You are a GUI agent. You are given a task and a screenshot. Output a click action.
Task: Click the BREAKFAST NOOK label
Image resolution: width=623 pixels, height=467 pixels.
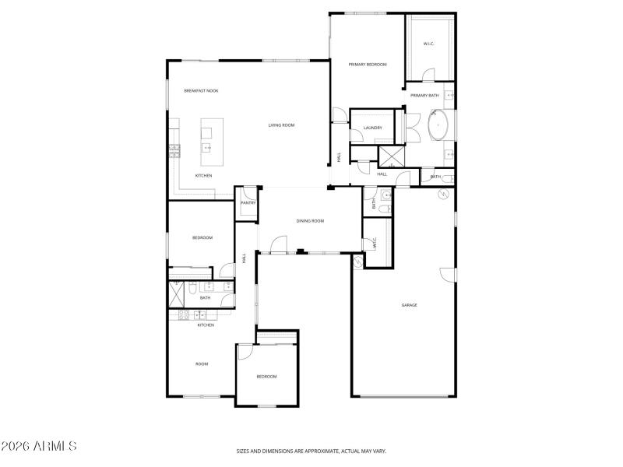click(201, 91)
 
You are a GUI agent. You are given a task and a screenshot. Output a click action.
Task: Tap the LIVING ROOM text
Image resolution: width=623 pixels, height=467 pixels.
click(281, 125)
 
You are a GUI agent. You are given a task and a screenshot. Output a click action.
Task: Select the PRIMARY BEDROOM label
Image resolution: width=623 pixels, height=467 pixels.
click(368, 65)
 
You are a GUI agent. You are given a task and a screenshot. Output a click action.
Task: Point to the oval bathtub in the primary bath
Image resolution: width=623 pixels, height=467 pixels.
click(439, 125)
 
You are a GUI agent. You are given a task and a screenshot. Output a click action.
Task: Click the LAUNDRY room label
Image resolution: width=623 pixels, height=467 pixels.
click(372, 128)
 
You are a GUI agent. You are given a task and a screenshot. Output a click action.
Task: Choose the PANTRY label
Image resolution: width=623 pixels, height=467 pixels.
click(248, 202)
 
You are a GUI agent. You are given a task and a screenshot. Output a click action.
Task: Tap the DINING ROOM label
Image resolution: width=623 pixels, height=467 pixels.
click(310, 221)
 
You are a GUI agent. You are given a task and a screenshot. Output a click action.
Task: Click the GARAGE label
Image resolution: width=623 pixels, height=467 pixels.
click(409, 305)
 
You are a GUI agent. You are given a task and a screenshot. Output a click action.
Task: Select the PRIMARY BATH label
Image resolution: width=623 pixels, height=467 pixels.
click(424, 95)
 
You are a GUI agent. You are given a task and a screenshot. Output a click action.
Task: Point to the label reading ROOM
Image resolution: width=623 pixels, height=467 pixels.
click(202, 363)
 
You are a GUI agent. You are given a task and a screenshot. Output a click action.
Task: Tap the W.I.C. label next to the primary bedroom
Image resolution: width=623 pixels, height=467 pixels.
click(428, 44)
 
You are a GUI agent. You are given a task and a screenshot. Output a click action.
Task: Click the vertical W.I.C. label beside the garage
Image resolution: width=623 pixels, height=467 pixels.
click(375, 244)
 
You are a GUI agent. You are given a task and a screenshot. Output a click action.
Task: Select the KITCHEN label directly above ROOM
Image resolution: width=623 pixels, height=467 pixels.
click(205, 325)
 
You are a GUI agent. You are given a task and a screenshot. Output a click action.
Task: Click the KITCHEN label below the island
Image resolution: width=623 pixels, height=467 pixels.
click(203, 176)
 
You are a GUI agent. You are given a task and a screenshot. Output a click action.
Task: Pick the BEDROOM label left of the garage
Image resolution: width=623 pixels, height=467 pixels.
click(266, 377)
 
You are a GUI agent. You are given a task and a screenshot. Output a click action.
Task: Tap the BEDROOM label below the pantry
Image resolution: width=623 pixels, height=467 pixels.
click(202, 237)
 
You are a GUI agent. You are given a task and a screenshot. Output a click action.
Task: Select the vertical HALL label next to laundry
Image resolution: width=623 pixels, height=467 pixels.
click(340, 156)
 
